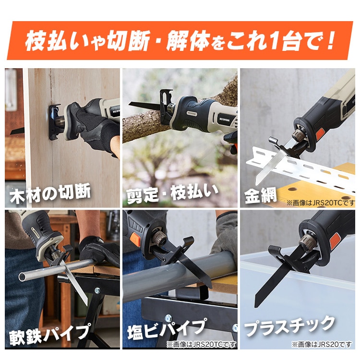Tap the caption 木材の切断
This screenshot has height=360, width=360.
coord(50,194)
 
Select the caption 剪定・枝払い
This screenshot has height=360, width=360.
coord(172,194)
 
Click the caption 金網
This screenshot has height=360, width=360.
coord(260,195)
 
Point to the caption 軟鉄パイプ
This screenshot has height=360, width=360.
coord(49,334)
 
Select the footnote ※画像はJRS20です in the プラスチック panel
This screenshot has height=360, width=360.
coord(322,344)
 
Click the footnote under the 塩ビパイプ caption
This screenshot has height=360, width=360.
coord(201,344)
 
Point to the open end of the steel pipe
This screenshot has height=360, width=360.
coord(23,276)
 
